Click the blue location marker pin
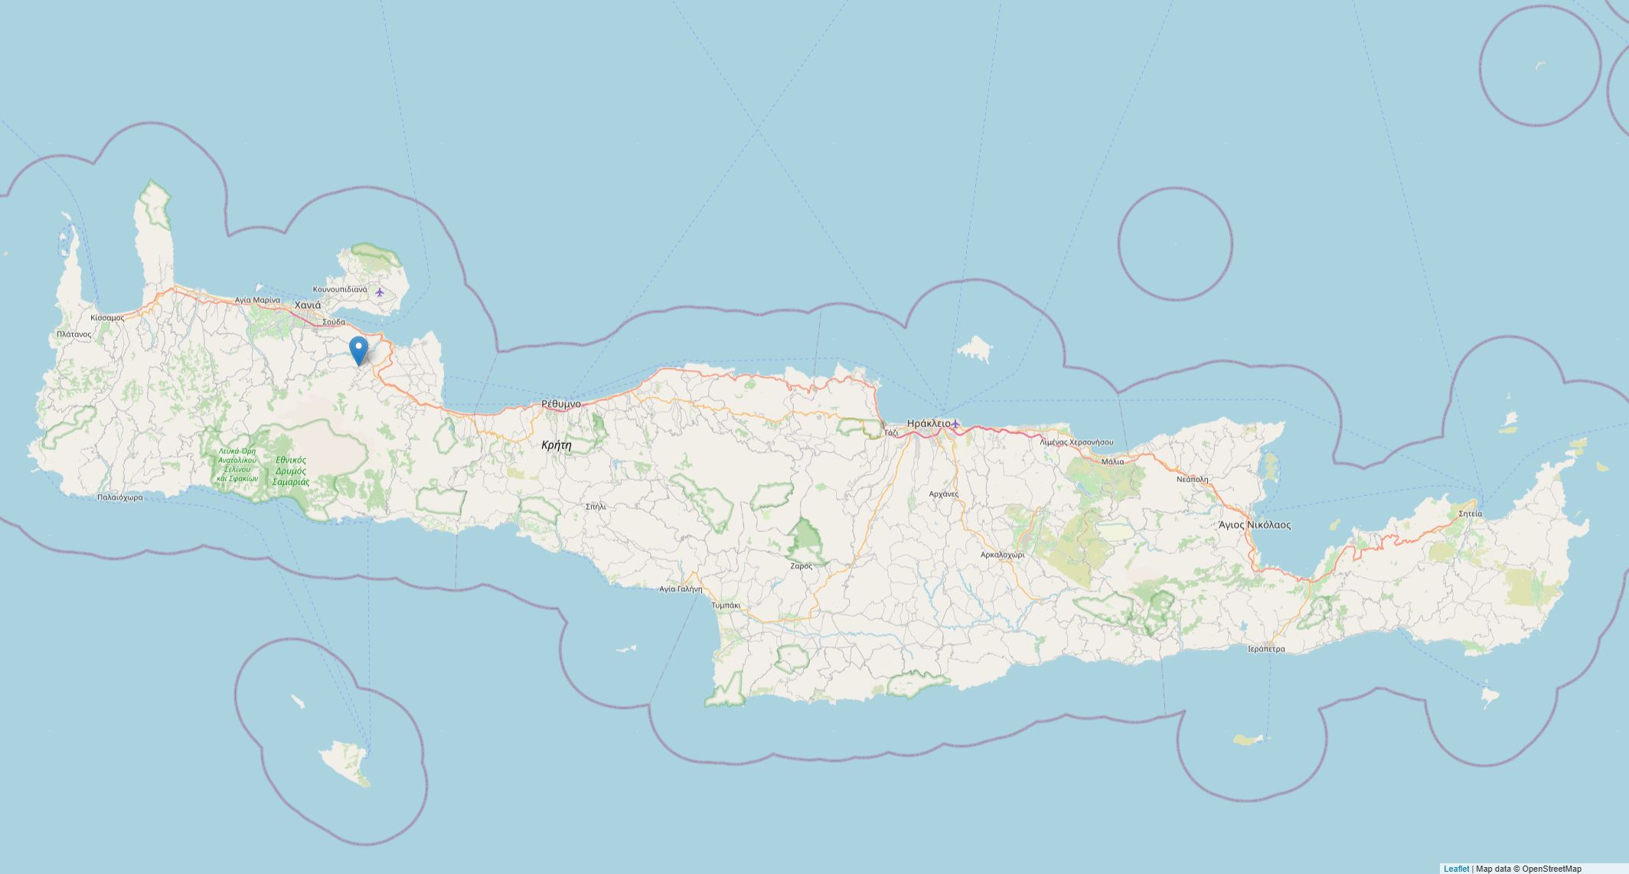(358, 351)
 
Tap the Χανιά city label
(308, 305)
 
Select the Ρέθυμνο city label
(561, 403)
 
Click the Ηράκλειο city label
(928, 423)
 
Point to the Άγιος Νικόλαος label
(1255, 525)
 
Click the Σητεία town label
(1470, 514)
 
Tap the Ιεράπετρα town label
(1266, 649)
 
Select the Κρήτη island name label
(556, 445)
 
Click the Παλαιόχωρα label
(120, 497)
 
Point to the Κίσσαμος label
(107, 318)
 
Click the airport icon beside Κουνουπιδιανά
(380, 291)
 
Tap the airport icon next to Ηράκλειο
(955, 423)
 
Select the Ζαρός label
(801, 566)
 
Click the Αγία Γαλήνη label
(681, 589)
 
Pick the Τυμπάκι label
(726, 605)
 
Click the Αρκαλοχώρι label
(1002, 555)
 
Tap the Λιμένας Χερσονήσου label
(1076, 442)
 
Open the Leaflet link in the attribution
(1456, 869)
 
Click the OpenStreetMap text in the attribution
(1551, 869)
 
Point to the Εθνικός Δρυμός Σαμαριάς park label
(292, 471)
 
